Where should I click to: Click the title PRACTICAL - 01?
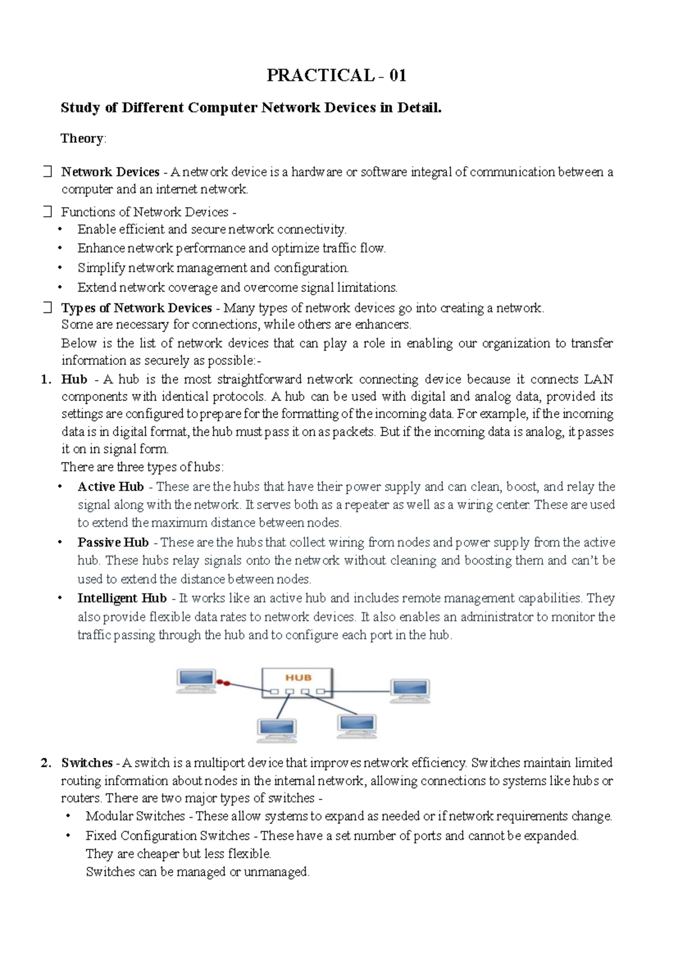click(x=336, y=75)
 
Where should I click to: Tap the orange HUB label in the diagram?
click(x=298, y=677)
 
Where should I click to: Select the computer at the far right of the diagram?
click(x=410, y=691)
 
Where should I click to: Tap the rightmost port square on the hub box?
click(x=320, y=691)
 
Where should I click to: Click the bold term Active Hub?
click(x=111, y=486)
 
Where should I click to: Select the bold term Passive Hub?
click(x=113, y=542)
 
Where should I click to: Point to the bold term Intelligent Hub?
click(x=122, y=598)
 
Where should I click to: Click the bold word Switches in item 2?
click(x=87, y=763)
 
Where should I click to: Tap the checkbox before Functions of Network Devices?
click(x=47, y=212)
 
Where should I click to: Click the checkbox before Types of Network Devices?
click(x=47, y=308)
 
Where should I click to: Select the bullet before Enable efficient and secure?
click(x=60, y=229)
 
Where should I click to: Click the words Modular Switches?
click(x=135, y=816)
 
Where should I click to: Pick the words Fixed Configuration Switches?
click(x=167, y=835)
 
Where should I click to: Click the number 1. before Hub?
click(x=46, y=380)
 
